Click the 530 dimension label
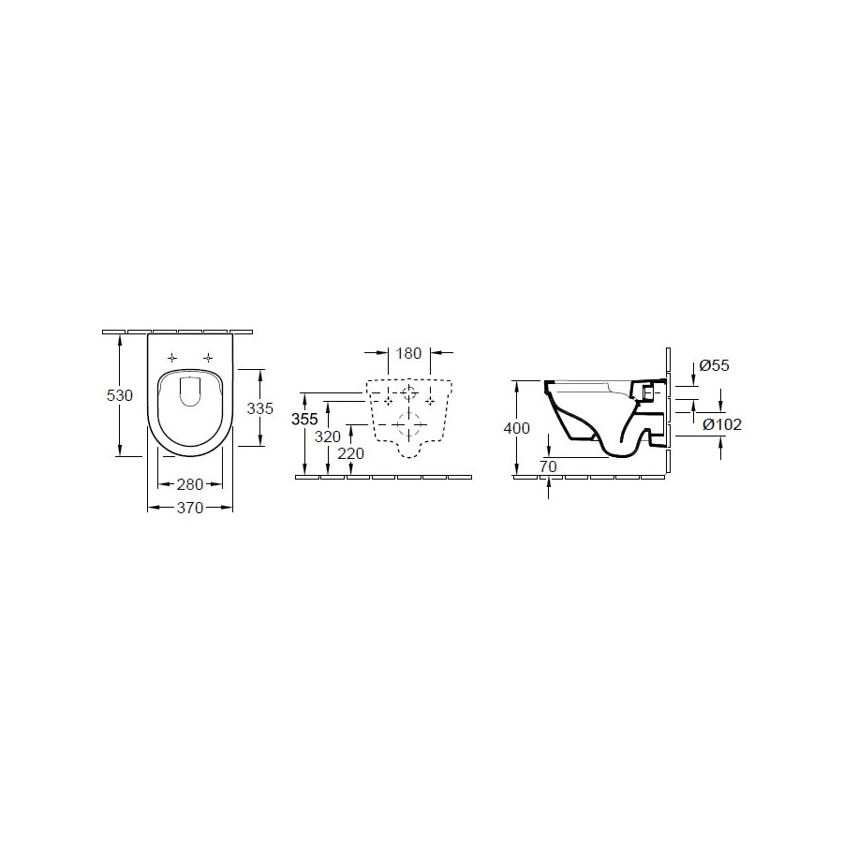tap(119, 395)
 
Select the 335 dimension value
tap(260, 408)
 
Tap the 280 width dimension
tap(190, 484)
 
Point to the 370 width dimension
tap(190, 508)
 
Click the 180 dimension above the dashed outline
tap(408, 353)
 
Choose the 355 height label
tap(304, 419)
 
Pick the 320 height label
tap(328, 436)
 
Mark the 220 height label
tap(350, 453)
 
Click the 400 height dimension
tap(517, 428)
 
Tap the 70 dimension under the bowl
tap(548, 466)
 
